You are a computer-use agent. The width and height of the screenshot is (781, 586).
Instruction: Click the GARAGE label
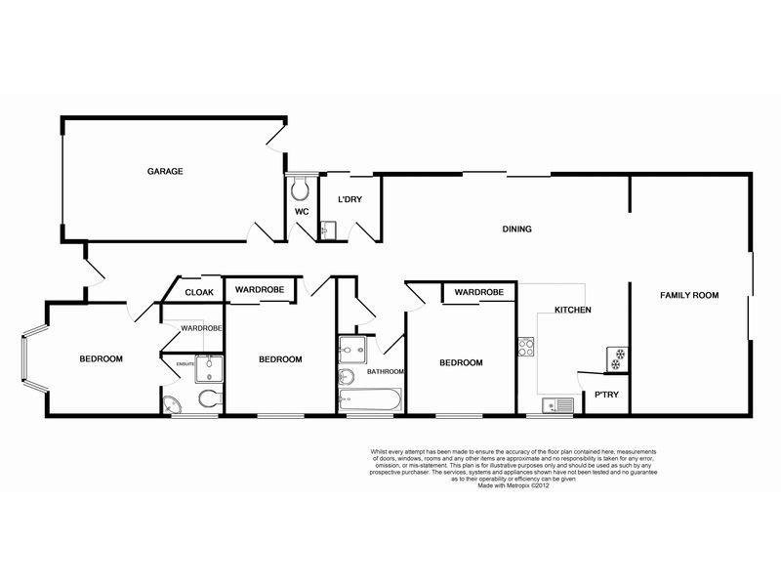tap(165, 171)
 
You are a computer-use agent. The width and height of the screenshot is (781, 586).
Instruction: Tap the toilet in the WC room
tap(301, 187)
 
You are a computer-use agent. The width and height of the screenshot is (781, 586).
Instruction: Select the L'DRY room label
tap(349, 200)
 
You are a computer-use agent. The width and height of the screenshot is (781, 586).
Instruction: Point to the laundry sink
tap(327, 230)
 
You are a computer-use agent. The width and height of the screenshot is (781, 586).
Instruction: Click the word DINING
tap(516, 230)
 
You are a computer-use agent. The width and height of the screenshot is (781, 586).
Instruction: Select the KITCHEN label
tap(573, 310)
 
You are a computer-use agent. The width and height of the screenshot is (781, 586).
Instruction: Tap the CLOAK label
tap(199, 291)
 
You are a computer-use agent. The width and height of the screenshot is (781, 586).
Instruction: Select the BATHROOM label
tap(386, 371)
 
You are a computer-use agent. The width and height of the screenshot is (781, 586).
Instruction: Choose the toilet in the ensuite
tap(207, 398)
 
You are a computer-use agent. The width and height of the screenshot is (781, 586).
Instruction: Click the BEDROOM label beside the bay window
tap(101, 359)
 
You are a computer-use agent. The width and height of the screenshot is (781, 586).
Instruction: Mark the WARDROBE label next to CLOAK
tap(259, 289)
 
